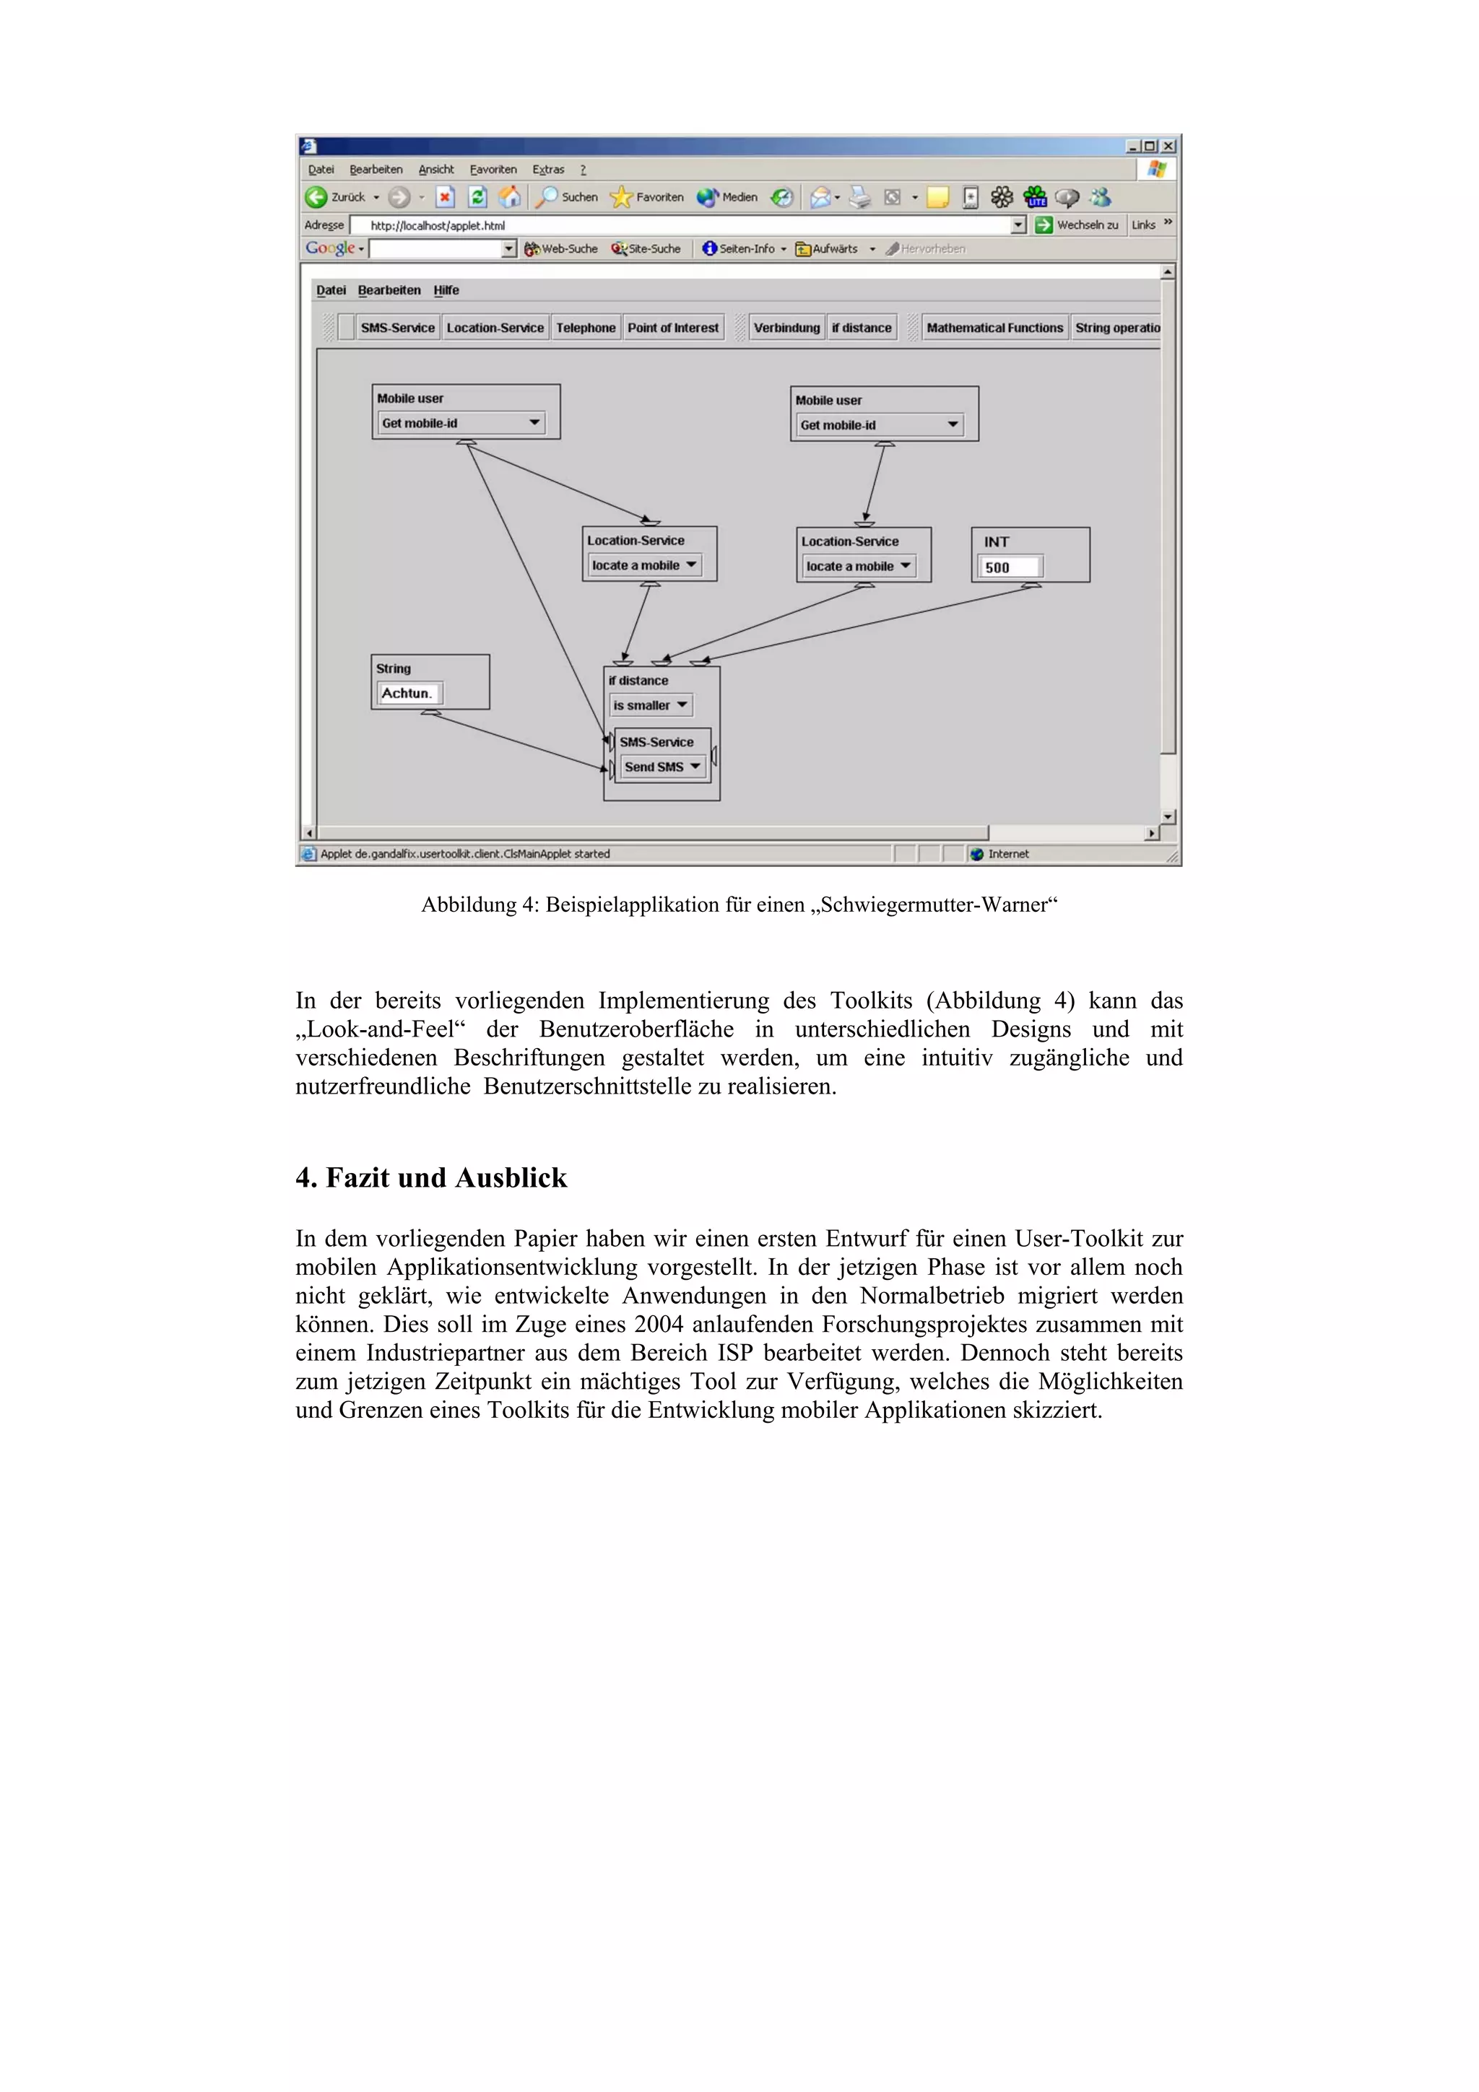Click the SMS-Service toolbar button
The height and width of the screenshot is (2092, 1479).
pos(397,328)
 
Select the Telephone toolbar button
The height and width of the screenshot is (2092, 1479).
pos(585,328)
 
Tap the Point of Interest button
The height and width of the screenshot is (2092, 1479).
pos(672,328)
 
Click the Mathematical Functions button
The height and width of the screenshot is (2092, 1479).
pos(994,328)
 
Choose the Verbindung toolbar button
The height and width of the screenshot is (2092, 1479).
pos(786,328)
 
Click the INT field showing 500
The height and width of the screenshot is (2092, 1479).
pos(1010,567)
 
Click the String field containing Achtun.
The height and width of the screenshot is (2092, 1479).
pos(408,694)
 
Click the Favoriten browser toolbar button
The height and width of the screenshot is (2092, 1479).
pos(648,197)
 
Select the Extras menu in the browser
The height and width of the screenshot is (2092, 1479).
pos(547,170)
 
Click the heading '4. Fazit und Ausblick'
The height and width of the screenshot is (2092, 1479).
pos(431,1178)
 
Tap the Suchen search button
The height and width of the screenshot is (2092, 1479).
pos(568,197)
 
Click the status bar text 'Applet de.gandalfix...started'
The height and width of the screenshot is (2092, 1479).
pos(465,854)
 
